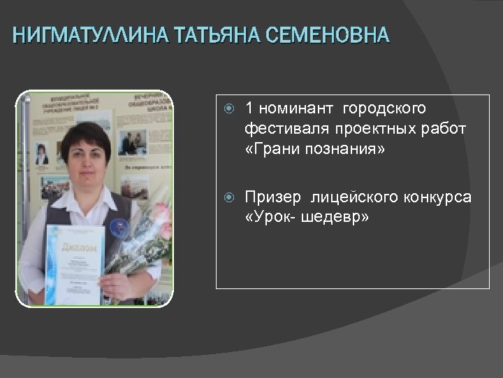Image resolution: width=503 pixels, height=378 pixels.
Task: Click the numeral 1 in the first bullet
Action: click(249, 108)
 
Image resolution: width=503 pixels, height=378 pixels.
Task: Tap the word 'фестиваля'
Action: click(278, 129)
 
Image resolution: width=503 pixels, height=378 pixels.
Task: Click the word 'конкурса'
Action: click(437, 198)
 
